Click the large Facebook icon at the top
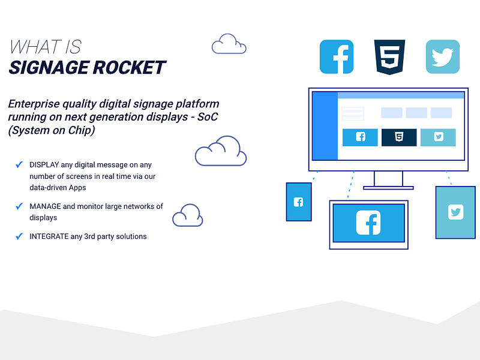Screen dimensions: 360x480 (x=337, y=57)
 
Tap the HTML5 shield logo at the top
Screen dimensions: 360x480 (x=389, y=58)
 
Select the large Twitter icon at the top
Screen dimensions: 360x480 (x=443, y=57)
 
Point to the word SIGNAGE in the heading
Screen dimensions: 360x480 (x=47, y=67)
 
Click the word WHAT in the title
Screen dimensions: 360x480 (x=35, y=47)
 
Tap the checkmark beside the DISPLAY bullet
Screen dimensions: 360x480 (x=19, y=164)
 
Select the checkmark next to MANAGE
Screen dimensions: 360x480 (x=19, y=206)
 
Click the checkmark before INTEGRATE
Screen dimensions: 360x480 (x=19, y=236)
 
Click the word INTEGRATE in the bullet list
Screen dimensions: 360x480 (x=54, y=236)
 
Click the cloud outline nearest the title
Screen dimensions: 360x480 (x=229, y=44)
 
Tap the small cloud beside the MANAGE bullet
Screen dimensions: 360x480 (x=187, y=215)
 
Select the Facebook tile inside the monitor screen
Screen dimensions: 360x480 (x=360, y=137)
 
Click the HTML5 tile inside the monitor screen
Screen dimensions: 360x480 (x=399, y=137)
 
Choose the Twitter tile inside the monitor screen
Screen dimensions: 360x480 (x=438, y=137)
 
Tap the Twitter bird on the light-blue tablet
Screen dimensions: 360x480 (x=455, y=212)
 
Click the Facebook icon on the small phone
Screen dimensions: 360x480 (x=298, y=202)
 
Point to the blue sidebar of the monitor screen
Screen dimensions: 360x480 (x=325, y=126)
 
